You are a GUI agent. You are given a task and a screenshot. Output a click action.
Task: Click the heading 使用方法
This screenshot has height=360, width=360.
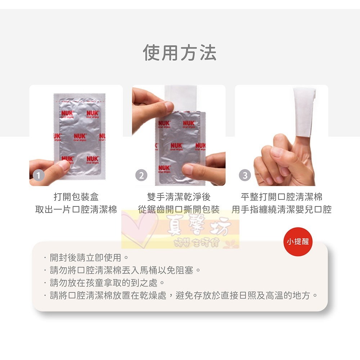(x=180, y=53)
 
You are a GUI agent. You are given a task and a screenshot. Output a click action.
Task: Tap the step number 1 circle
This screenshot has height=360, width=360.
(x=39, y=175)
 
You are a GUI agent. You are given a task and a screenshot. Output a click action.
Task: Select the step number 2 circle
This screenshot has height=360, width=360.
(x=141, y=175)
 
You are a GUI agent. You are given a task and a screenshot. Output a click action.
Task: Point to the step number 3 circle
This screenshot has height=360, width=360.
(x=245, y=175)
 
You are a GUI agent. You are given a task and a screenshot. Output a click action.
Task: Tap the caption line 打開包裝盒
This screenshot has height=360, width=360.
(x=76, y=197)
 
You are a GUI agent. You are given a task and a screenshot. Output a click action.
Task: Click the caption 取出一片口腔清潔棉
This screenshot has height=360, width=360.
(x=76, y=210)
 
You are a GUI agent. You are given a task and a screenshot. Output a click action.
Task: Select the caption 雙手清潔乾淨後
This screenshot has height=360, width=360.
(x=179, y=197)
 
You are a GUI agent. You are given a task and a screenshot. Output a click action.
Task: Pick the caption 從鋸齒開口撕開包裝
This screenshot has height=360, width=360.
(x=179, y=210)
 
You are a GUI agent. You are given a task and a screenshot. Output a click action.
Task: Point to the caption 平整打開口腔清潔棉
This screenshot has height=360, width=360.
(x=282, y=197)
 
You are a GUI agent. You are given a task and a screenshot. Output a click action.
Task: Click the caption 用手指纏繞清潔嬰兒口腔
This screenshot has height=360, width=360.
(x=282, y=210)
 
